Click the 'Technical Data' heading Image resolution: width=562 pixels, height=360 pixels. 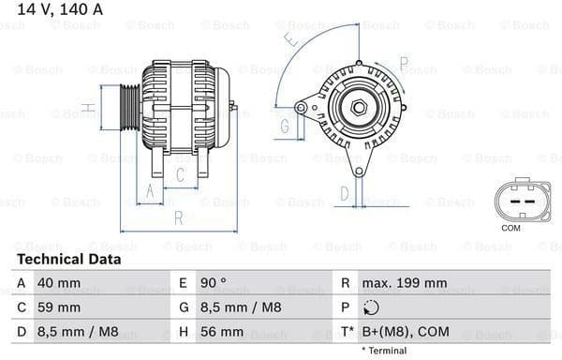pyautogui.click(x=68, y=260)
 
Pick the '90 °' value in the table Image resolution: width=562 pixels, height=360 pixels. pyautogui.click(x=214, y=282)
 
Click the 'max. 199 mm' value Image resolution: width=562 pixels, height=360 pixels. pyautogui.click(x=406, y=282)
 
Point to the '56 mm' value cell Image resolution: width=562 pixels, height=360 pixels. pyautogui.click(x=221, y=331)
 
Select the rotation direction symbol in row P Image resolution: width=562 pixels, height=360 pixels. pyautogui.click(x=371, y=307)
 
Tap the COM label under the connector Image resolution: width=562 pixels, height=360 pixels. pyautogui.click(x=510, y=228)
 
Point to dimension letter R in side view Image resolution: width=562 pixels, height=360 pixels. pyautogui.click(x=178, y=219)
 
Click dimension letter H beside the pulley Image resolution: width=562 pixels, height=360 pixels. pyautogui.click(x=87, y=108)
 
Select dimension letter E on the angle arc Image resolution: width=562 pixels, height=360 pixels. pyautogui.click(x=292, y=40)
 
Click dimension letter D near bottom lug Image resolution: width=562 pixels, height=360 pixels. pyautogui.click(x=345, y=193)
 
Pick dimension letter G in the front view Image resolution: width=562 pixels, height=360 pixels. pyautogui.click(x=284, y=125)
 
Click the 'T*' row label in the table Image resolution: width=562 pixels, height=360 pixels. pyautogui.click(x=348, y=332)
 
